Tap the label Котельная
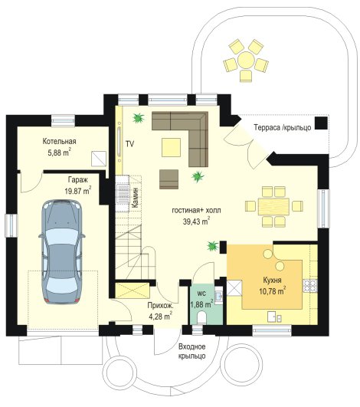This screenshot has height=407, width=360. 60,142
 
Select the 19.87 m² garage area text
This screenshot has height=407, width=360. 78,191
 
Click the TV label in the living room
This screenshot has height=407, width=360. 129,144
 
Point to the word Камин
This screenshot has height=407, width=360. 135,198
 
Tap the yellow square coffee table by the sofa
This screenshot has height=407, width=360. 171,147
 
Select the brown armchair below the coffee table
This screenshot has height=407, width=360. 169,179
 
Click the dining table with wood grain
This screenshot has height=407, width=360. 273,207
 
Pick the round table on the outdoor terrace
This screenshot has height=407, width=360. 246,60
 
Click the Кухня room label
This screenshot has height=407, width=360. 272,281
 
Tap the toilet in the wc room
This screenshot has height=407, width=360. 201,318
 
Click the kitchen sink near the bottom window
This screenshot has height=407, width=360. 275,317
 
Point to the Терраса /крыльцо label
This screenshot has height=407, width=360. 283,128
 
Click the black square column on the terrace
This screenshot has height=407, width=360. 322,123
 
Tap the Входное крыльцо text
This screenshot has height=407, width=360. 192,351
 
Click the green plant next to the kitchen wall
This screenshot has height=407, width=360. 212,246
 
